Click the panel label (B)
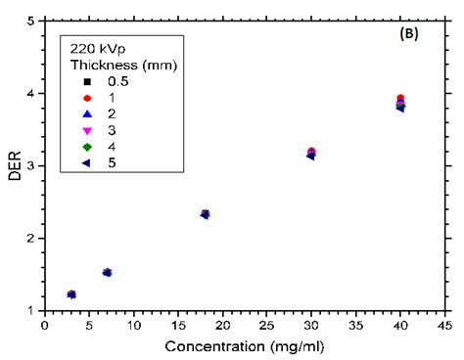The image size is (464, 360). pyautogui.click(x=413, y=35)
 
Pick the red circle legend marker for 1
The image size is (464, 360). pyautogui.click(x=88, y=98)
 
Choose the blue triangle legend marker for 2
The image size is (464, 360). pyautogui.click(x=88, y=114)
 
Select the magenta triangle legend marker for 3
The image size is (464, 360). pyautogui.click(x=88, y=131)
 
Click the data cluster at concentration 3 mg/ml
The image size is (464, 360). pyautogui.click(x=71, y=293)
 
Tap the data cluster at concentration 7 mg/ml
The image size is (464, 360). pyautogui.click(x=107, y=272)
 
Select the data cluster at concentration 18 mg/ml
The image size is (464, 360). pyautogui.click(x=205, y=213)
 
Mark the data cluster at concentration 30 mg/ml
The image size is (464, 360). pyautogui.click(x=311, y=153)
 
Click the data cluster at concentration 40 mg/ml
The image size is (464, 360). pyautogui.click(x=400, y=103)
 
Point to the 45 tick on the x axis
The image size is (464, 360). pyautogui.click(x=444, y=325)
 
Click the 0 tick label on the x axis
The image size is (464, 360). pyautogui.click(x=45, y=325)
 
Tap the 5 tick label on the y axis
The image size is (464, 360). pyautogui.click(x=33, y=21)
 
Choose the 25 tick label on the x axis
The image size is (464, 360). pyautogui.click(x=267, y=325)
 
